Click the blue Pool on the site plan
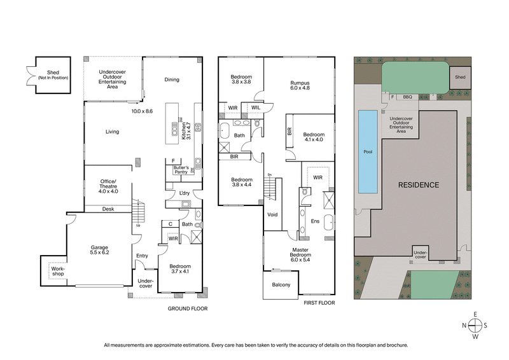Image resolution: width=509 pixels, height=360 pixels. [367, 152]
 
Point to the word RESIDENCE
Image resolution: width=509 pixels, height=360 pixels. [418, 185]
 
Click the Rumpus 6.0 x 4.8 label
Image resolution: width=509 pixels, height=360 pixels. [300, 85]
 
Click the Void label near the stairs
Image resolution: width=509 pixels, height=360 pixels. [272, 214]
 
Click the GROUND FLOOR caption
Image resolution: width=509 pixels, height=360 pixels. [188, 308]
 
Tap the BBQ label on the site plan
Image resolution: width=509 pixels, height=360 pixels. [408, 97]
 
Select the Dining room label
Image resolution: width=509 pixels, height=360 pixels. [172, 80]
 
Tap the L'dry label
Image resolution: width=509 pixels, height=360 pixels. [185, 193]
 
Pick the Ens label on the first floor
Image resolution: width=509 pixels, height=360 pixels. [315, 221]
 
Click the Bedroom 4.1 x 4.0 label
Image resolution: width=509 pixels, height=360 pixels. [314, 137]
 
